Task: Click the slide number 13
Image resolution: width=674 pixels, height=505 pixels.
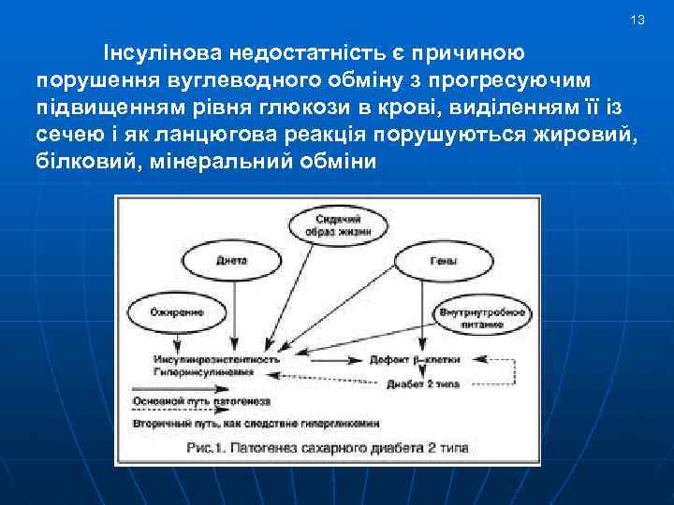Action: pyautogui.click(x=638, y=20)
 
